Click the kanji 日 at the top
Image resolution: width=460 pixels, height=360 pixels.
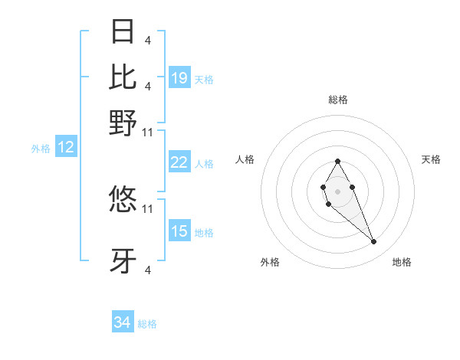(x=123, y=31)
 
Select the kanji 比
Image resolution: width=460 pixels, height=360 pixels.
(x=123, y=77)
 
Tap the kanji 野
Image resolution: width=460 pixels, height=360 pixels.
(x=123, y=122)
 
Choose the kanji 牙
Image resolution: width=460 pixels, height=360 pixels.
(x=123, y=260)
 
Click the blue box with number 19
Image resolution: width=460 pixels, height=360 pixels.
(x=179, y=78)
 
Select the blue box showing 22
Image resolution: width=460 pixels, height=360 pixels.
(x=179, y=162)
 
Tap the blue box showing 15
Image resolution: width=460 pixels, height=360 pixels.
(x=179, y=231)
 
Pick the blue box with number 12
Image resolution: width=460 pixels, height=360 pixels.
(x=66, y=148)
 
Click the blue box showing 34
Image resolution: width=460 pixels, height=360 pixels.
(x=123, y=323)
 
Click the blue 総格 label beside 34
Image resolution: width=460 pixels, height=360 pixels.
(x=147, y=324)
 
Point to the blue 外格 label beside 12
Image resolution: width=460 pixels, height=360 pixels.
(x=41, y=149)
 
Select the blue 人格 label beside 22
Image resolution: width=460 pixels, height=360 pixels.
(x=204, y=163)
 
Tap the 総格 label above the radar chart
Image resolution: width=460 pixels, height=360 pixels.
(x=338, y=100)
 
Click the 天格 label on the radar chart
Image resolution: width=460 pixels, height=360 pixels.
(x=431, y=159)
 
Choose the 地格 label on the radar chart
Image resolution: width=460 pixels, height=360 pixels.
(x=402, y=262)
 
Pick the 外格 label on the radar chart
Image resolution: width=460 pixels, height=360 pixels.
(x=270, y=262)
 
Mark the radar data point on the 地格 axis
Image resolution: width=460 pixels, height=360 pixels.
(x=374, y=242)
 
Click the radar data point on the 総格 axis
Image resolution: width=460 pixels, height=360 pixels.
(x=337, y=161)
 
